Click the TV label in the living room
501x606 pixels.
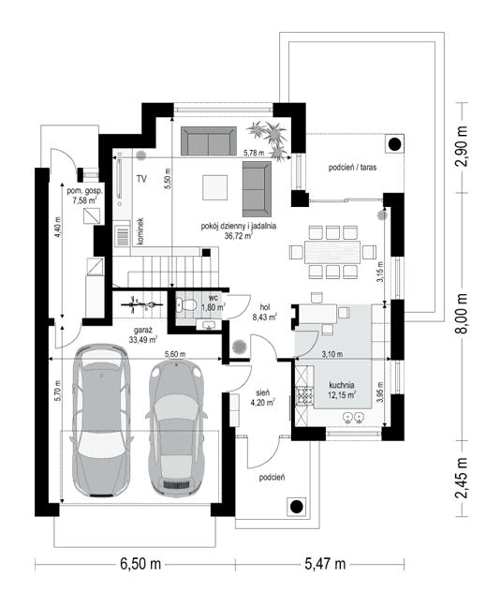coord(140,177)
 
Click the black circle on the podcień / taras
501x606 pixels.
coord(394,144)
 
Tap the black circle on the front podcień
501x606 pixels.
coord(296,507)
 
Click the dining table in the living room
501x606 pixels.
coord(332,251)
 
